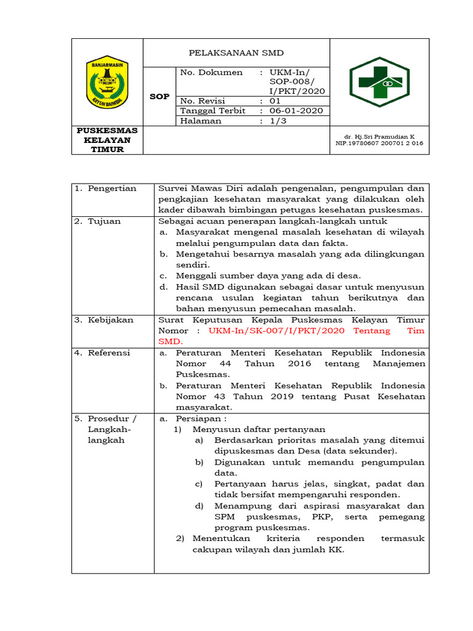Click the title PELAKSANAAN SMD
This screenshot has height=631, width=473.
(x=236, y=52)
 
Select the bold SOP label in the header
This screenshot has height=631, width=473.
(x=160, y=97)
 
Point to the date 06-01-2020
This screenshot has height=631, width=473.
(x=296, y=111)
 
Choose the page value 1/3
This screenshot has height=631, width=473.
(x=278, y=121)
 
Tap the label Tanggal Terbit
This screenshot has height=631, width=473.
(x=212, y=111)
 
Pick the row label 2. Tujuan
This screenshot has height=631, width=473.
(x=98, y=221)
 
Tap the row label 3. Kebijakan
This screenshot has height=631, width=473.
(x=103, y=320)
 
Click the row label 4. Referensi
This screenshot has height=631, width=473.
(x=103, y=353)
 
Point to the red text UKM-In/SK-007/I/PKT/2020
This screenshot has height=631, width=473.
(x=277, y=331)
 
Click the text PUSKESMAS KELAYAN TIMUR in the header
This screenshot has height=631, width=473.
(x=107, y=140)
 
